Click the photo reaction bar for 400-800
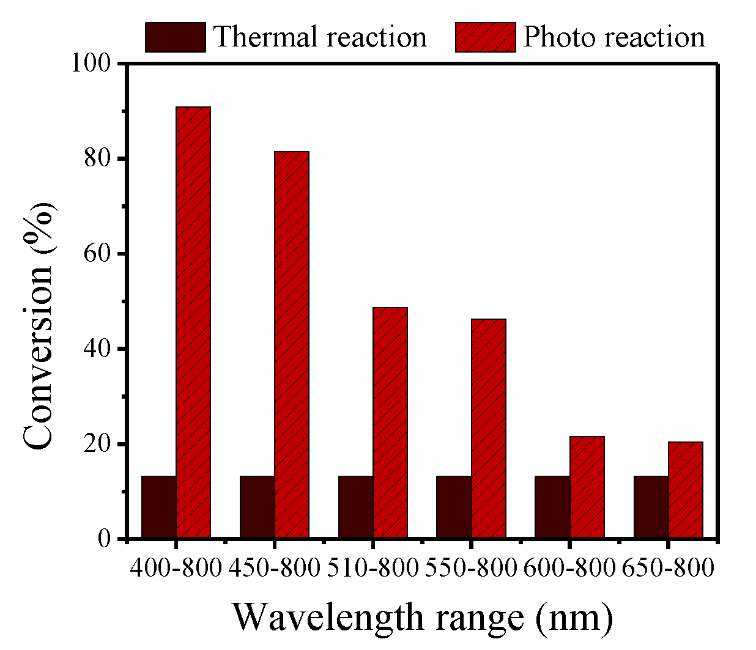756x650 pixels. (193, 322)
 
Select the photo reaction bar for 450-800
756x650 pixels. (292, 345)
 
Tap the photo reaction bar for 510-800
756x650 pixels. (390, 423)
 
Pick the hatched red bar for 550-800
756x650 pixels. (489, 429)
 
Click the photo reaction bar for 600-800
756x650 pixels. (587, 487)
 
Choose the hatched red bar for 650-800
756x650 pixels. (686, 490)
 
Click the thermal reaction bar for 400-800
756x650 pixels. (159, 507)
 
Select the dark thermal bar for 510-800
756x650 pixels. (356, 507)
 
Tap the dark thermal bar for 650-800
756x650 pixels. (651, 507)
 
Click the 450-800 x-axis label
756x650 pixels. (275, 569)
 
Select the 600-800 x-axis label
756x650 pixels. (569, 569)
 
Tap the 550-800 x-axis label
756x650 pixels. (471, 569)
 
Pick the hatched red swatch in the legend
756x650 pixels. (486, 37)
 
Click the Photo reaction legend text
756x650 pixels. (614, 37)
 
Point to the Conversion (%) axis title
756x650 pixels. (39, 327)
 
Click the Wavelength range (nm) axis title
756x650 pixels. (422, 618)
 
